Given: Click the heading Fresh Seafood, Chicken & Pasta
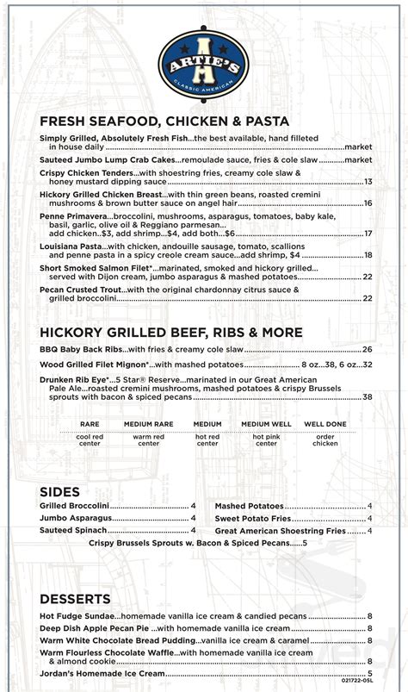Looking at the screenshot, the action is click(x=164, y=122).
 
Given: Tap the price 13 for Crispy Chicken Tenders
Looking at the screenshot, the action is click(x=368, y=182).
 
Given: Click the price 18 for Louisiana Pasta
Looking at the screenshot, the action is click(x=368, y=255).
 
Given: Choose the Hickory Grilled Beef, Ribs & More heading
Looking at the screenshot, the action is click(x=170, y=332).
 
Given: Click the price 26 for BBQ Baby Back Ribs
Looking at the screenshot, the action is click(x=368, y=349).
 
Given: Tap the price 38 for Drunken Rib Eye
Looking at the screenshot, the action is click(x=368, y=396).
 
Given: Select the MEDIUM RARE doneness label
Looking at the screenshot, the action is click(x=149, y=425).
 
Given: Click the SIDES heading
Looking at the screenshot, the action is click(x=59, y=491).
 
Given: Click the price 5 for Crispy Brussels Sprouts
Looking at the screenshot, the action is click(x=303, y=544).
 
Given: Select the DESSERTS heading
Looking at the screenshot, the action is click(x=75, y=598).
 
